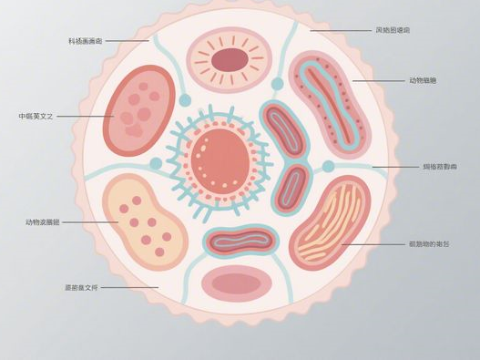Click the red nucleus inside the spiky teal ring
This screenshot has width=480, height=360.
(222, 159)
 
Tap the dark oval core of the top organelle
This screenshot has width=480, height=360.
(230, 60)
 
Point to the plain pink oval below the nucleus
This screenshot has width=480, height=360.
(236, 283)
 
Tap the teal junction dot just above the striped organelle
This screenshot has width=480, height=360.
(328, 167)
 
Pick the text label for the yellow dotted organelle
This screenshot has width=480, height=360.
(43, 221)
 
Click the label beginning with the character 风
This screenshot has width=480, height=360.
(393, 30)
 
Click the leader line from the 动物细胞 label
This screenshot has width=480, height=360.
(378, 81)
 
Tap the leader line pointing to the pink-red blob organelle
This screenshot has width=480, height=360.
(85, 117)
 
